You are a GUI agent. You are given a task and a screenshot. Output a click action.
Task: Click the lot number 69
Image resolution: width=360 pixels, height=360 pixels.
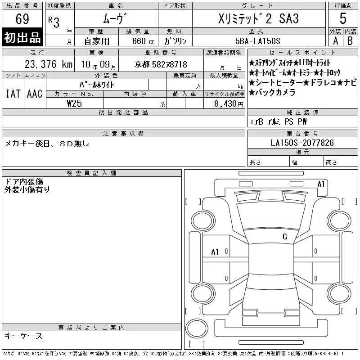[x=22, y=18]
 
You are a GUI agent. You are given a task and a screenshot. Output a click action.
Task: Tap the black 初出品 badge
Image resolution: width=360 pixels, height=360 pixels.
[x=22, y=37]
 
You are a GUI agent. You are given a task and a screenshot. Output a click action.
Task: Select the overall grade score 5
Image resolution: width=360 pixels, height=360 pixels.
[x=343, y=18]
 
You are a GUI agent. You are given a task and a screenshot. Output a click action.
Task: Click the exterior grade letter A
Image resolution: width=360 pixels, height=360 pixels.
[x=336, y=41]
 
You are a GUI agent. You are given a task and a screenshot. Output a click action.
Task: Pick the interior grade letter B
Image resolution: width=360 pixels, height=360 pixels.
[x=350, y=41]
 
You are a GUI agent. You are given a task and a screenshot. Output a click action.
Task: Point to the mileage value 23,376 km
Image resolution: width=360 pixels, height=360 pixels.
[x=49, y=64]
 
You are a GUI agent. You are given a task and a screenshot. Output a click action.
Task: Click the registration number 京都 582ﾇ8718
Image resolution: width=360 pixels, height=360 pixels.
[x=161, y=64]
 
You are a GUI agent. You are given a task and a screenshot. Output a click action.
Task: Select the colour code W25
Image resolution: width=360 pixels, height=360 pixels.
[x=74, y=103]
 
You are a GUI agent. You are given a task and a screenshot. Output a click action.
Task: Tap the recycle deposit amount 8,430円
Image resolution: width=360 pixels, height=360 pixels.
[x=229, y=104]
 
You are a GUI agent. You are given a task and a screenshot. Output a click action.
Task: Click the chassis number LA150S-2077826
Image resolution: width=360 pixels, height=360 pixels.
[x=302, y=143]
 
